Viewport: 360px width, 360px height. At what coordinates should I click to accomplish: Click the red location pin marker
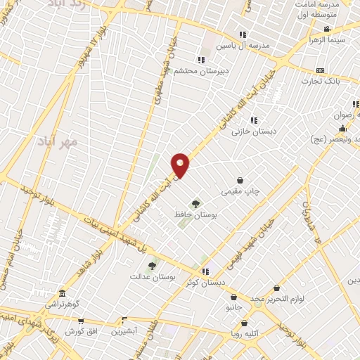pyautogui.click(x=181, y=165)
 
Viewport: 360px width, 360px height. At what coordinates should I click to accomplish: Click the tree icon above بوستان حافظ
pyautogui.click(x=195, y=203)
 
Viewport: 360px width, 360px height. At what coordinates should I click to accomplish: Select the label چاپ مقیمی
pyautogui.click(x=241, y=191)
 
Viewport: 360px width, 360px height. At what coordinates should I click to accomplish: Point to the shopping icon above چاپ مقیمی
pyautogui.click(x=241, y=181)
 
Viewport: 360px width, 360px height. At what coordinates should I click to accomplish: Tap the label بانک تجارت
pyautogui.click(x=321, y=81)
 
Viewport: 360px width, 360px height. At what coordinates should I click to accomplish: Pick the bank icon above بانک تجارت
pyautogui.click(x=321, y=71)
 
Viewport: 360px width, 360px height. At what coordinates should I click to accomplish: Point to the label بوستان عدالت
pyautogui.click(x=151, y=277)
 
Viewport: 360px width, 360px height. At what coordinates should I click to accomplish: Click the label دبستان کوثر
pyautogui.click(x=205, y=282)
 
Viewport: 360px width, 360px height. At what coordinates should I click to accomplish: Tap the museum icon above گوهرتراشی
pyautogui.click(x=62, y=293)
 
